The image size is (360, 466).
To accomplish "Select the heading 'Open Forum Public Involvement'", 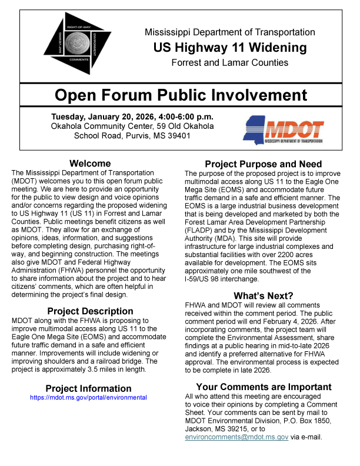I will [x=181, y=95].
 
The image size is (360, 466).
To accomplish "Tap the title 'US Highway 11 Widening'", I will [x=230, y=48].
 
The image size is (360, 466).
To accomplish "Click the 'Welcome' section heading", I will [x=89, y=164].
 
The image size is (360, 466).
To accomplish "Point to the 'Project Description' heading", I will [x=90, y=311].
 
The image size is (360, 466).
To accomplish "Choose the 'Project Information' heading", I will [x=89, y=388].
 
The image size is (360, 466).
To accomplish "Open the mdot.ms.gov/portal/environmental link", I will [x=89, y=398].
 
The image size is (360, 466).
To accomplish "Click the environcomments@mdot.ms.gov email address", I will [x=236, y=437].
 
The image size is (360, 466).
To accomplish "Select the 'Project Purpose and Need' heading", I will [x=263, y=164].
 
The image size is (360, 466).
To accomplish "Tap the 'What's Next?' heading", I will [x=263, y=295].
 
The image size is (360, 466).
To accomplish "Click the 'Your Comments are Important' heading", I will [x=264, y=387].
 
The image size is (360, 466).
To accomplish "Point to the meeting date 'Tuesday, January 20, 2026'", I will [x=103, y=116].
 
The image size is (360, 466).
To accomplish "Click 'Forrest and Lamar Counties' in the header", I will [x=230, y=62].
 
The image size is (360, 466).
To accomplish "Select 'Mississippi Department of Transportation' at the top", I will [x=230, y=32].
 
